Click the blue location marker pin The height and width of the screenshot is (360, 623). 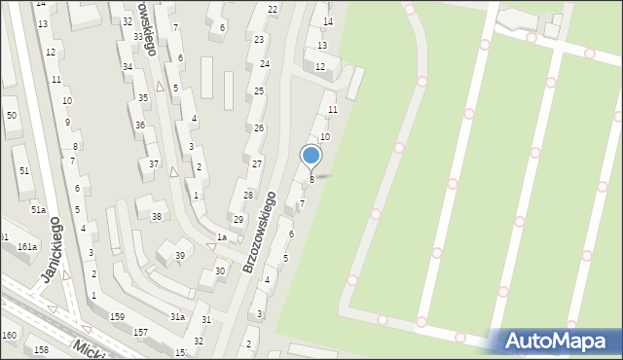(311, 156)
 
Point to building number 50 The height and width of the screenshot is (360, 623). (12, 116)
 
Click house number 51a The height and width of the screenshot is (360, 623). (37, 210)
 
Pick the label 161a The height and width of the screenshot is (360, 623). (26, 247)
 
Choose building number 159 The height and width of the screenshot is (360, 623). (117, 317)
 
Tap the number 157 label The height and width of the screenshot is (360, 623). (140, 333)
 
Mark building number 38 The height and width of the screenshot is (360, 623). (157, 216)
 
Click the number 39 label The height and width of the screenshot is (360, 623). (179, 256)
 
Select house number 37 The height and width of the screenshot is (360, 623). (154, 163)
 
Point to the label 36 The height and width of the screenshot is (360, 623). (140, 126)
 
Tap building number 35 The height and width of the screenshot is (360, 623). (143, 98)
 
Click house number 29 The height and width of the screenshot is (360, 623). (238, 220)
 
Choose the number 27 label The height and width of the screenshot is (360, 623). (257, 163)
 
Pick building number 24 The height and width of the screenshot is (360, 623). (264, 63)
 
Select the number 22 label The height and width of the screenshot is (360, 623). (273, 10)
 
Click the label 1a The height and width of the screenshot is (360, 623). (222, 237)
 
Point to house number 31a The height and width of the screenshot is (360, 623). (177, 317)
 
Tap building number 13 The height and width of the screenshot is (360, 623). (322, 46)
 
